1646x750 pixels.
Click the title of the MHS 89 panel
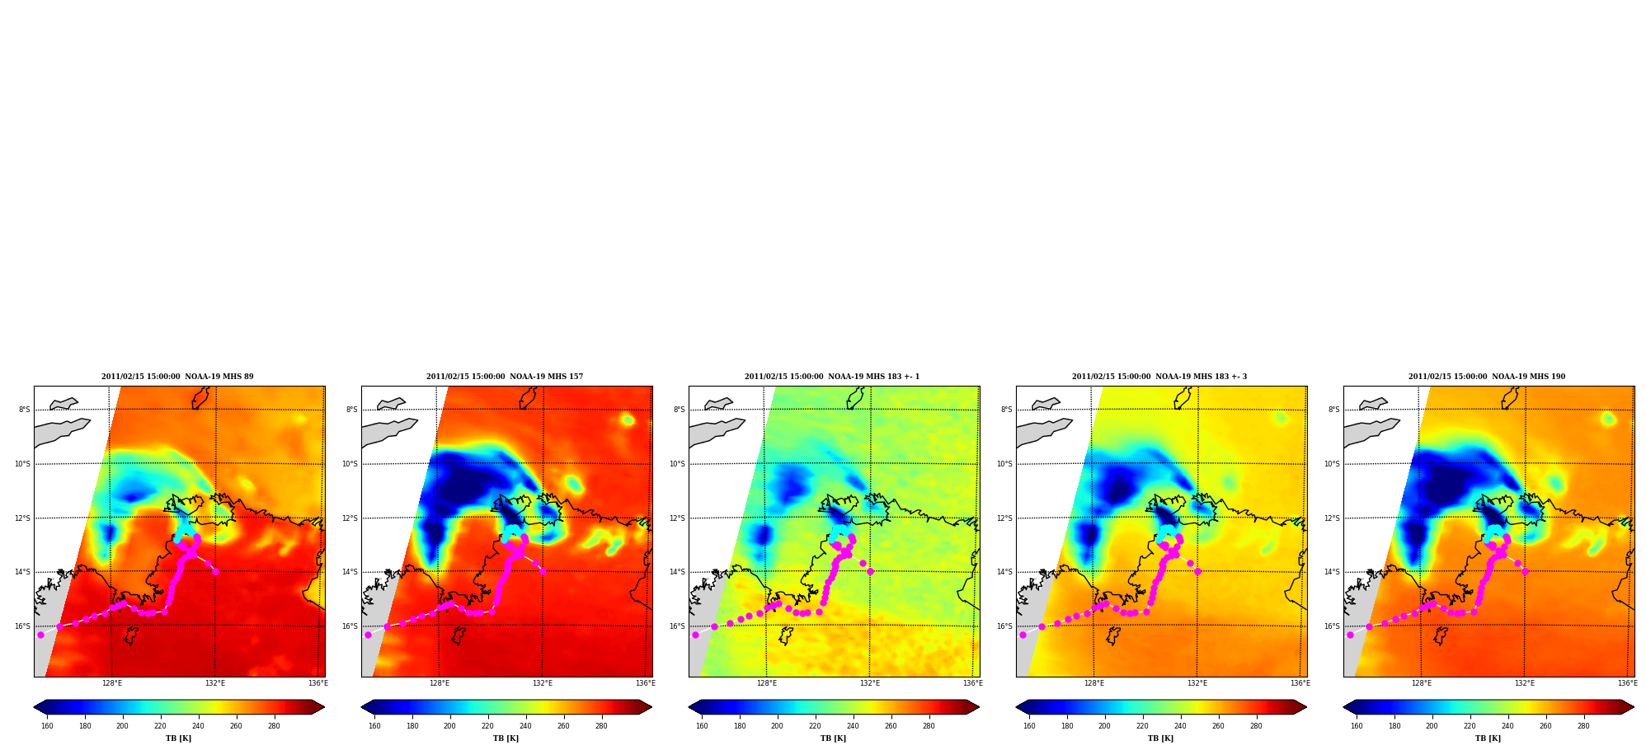coord(177,377)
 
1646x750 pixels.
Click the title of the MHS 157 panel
coord(505,377)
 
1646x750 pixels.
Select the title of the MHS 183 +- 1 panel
coord(832,377)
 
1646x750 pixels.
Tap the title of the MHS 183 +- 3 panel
coord(1159,377)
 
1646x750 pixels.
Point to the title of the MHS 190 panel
coord(1487,377)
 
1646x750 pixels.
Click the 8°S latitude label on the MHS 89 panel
coord(25,410)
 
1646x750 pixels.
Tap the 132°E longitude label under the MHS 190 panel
coord(1525,683)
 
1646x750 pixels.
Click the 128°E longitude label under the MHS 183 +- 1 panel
coord(767,683)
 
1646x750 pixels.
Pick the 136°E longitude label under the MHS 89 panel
coord(318,683)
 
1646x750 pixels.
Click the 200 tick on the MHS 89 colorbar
coord(122,726)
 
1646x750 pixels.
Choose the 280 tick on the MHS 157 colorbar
coord(601,726)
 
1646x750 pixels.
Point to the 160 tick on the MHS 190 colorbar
coord(1357,726)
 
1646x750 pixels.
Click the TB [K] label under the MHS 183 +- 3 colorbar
coord(1160,738)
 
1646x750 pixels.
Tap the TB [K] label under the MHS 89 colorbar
coord(178,738)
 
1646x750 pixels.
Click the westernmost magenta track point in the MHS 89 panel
coord(40,635)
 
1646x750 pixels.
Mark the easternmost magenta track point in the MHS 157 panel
coord(543,571)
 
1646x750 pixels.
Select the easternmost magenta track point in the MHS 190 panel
coord(1525,571)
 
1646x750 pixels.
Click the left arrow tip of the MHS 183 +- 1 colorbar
coord(689,707)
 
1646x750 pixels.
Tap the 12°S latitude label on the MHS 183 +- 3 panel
coord(1005,518)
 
